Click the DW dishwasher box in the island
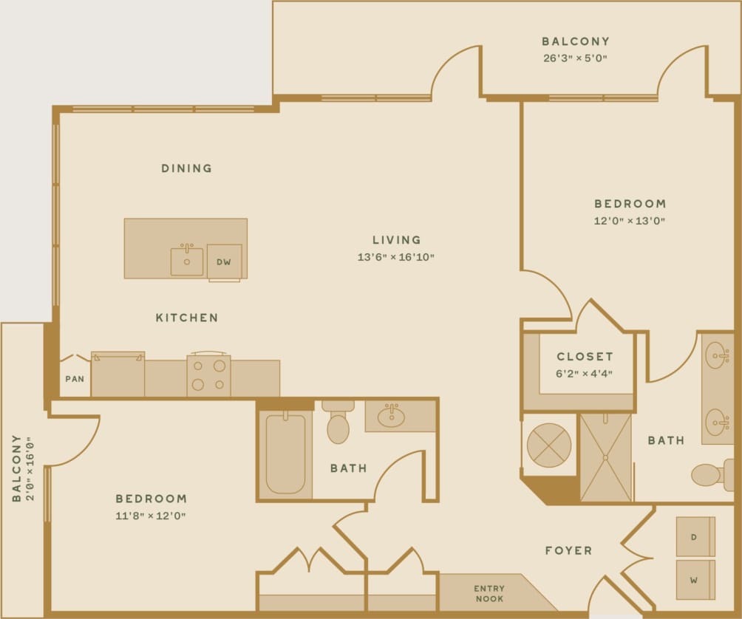pyautogui.click(x=224, y=261)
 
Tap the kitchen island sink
pyautogui.click(x=187, y=261)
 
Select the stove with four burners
pyautogui.click(x=208, y=375)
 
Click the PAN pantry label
pyautogui.click(x=74, y=379)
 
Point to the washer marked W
pyautogui.click(x=695, y=580)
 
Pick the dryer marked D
pyautogui.click(x=695, y=537)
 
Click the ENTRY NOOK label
pyautogui.click(x=489, y=593)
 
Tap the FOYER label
pyautogui.click(x=568, y=550)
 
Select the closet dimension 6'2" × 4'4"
pyautogui.click(x=585, y=374)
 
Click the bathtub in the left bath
pyautogui.click(x=285, y=453)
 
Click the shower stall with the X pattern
pyautogui.click(x=605, y=458)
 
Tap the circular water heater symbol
pyautogui.click(x=548, y=445)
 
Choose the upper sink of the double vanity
pyautogui.click(x=716, y=356)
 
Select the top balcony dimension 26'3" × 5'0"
pyautogui.click(x=575, y=58)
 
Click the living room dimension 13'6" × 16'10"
pyautogui.click(x=396, y=257)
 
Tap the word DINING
pyautogui.click(x=186, y=168)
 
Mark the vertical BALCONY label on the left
pyautogui.click(x=16, y=468)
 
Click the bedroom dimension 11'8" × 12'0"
pyautogui.click(x=151, y=516)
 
